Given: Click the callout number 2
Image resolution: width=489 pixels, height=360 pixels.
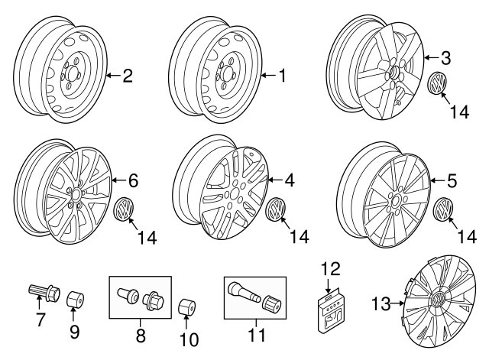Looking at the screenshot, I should coord(128,75).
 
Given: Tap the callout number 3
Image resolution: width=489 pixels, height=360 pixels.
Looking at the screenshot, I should coord(447,57).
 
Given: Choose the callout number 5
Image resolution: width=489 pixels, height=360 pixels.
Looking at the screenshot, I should coord(452,181).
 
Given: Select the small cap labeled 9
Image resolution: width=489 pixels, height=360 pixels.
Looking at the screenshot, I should coord(75,298).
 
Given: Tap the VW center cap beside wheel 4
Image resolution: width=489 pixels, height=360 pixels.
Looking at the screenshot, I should coord(279,209).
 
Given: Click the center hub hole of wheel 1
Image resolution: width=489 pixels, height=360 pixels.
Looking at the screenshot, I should coord(226,74).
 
